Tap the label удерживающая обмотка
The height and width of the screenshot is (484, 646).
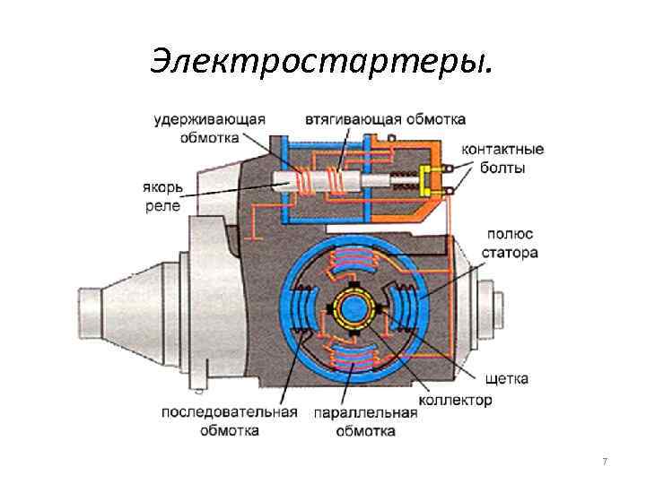pos(208,128)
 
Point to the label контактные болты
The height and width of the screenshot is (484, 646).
pos(502,158)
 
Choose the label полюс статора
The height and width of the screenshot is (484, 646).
pos(509,244)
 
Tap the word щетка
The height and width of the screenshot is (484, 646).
pos(507,379)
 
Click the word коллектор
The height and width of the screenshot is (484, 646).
pos(455,400)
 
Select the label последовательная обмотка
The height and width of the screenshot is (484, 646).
pos(230,421)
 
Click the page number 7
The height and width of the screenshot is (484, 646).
pos(605,462)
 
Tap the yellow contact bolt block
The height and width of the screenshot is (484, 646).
pos(436,180)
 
